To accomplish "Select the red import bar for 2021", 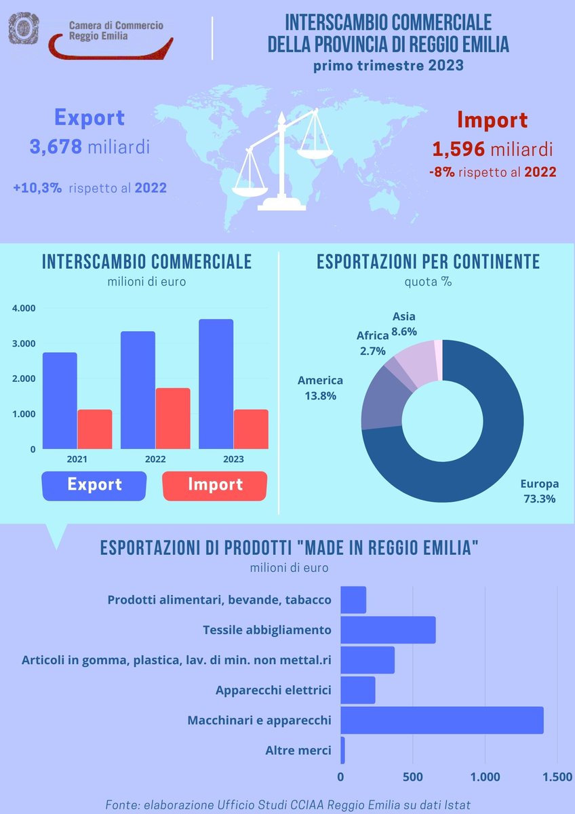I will [94, 429].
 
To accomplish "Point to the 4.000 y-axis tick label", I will [24, 309].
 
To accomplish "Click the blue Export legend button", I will [94, 485].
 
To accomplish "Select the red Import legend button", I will [215, 485].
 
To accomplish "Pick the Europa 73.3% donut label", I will [539, 491].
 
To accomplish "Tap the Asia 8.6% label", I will [404, 324].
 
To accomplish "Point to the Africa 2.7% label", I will [372, 343].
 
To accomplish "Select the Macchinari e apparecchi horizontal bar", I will [441, 720].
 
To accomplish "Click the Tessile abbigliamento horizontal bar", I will [387, 630].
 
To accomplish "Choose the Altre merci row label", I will [298, 750].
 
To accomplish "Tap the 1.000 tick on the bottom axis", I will [485, 777].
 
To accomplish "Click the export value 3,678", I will [56, 147].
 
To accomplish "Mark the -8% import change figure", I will [441, 172].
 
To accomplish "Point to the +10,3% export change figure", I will [37, 187].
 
